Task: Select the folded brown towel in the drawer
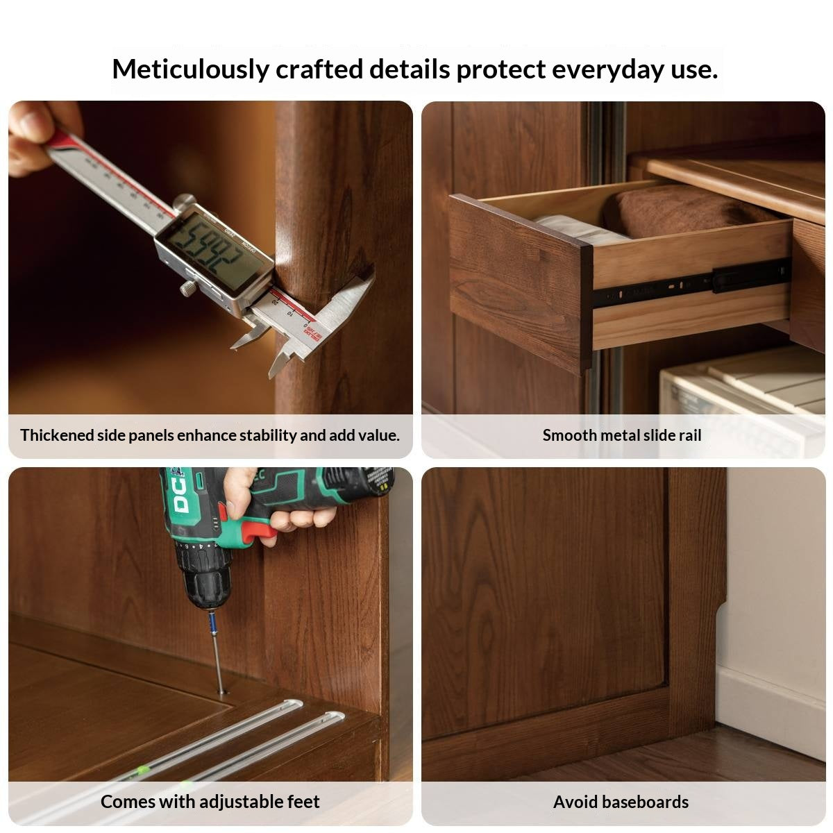point(683,212)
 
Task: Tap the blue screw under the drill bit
point(212,623)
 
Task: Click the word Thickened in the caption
point(57,435)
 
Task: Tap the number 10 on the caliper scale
point(289,312)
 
